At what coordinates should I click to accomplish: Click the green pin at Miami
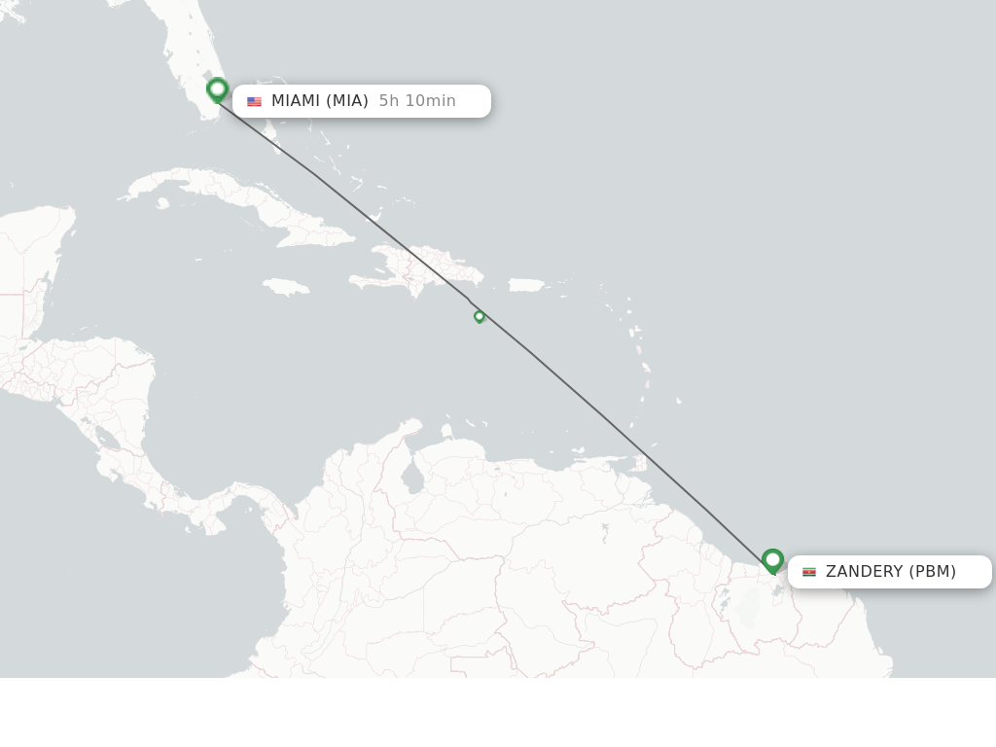click(217, 89)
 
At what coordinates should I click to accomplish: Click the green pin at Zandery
click(772, 560)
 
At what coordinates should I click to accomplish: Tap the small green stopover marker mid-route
click(479, 316)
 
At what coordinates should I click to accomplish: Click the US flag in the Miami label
click(255, 101)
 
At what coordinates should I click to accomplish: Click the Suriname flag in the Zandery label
click(809, 572)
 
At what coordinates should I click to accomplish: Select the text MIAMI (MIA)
click(319, 101)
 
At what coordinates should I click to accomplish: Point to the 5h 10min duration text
click(417, 101)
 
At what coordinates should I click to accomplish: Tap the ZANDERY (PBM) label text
click(890, 572)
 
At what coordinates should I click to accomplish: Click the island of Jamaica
click(286, 287)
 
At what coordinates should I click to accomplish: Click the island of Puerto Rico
click(527, 285)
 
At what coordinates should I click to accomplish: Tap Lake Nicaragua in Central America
click(107, 441)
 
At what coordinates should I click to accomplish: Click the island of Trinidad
click(638, 464)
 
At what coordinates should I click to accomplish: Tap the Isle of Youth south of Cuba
click(161, 203)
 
